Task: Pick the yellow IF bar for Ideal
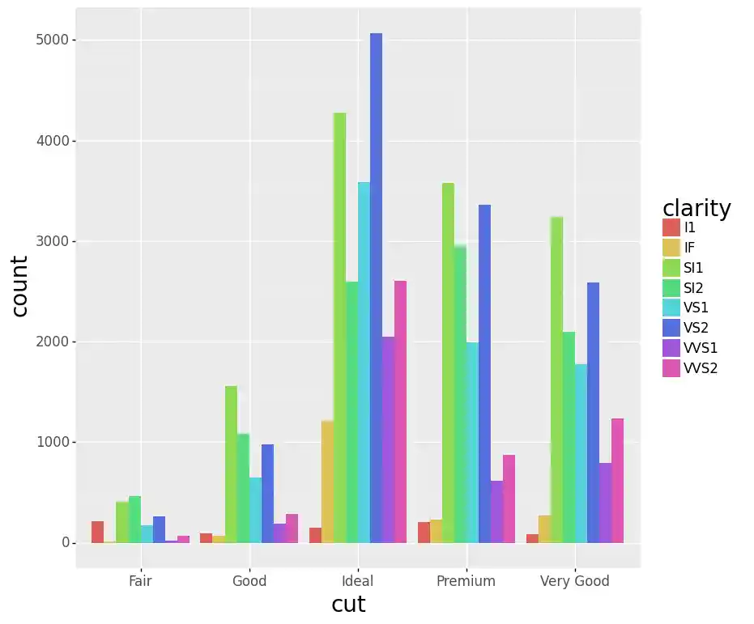point(327,482)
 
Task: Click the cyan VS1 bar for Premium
point(472,442)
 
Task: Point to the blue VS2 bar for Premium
point(484,373)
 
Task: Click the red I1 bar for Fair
point(97,532)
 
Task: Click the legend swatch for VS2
point(671,328)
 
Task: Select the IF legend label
point(689,248)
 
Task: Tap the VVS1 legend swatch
point(671,348)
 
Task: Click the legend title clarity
point(696,208)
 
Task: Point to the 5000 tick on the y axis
point(50,40)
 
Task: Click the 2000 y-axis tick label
point(50,342)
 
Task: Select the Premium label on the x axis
point(466,581)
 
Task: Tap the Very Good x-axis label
point(574,581)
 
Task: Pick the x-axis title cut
point(348,605)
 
